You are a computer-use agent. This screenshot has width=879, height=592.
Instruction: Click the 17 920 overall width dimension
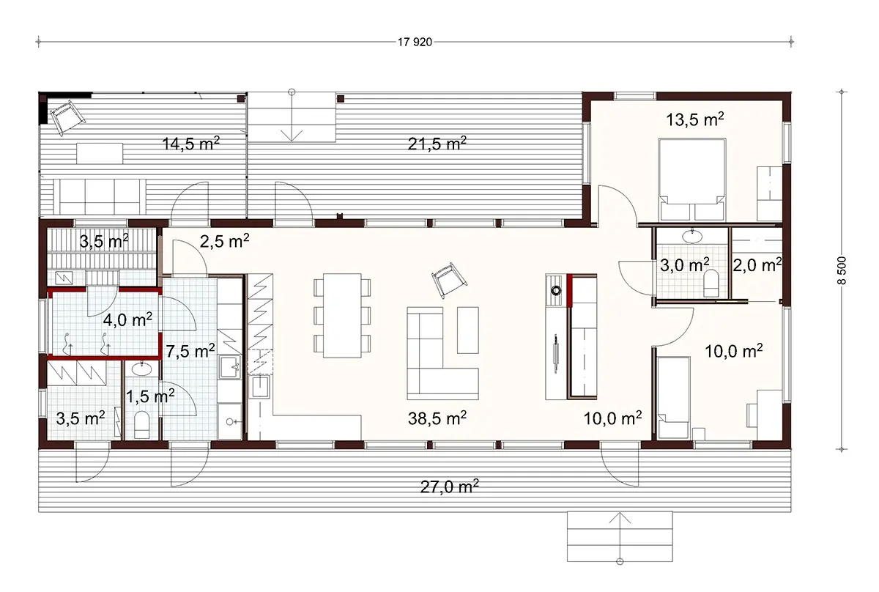click(x=414, y=42)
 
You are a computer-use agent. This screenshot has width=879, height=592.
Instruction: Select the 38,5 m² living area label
click(x=437, y=418)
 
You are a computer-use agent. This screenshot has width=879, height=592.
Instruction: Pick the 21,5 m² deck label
click(x=437, y=144)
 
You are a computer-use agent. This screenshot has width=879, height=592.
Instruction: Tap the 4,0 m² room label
click(x=127, y=319)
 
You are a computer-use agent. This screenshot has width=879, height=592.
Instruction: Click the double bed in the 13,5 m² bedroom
click(x=692, y=180)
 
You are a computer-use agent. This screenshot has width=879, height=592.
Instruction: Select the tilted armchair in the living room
click(x=448, y=279)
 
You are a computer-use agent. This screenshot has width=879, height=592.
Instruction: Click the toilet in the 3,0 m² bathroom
click(x=710, y=283)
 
